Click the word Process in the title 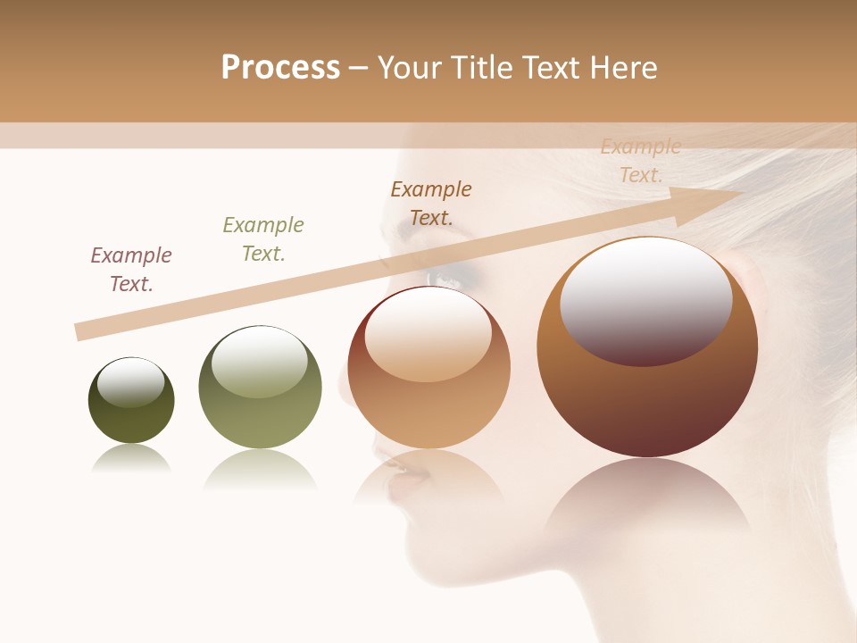point(280,68)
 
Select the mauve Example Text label point(131,270)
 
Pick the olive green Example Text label point(263,239)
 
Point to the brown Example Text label point(431,204)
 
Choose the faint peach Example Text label point(641,161)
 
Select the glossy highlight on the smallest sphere point(131,382)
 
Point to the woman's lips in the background point(397,473)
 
